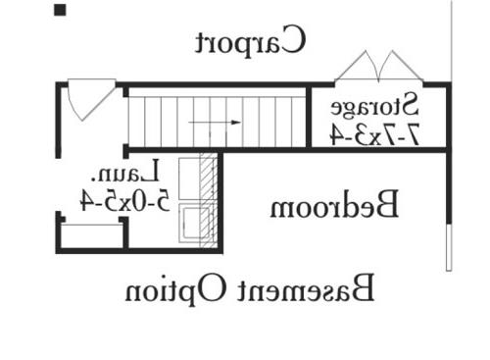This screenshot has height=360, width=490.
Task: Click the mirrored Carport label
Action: point(251,40)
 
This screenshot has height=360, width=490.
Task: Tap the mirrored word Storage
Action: point(374,105)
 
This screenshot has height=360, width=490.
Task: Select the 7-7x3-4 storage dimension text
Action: point(374,134)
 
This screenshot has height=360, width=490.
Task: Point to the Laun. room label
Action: point(125,171)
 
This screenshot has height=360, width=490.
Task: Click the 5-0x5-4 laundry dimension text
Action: point(125,200)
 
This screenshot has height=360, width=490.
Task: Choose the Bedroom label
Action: point(334,204)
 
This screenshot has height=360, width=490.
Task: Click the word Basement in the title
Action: point(307,288)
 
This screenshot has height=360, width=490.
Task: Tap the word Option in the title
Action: point(176,290)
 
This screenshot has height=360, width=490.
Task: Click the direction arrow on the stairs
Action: point(215,123)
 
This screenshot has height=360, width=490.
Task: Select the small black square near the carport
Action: point(60,10)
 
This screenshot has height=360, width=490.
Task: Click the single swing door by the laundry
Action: point(91,99)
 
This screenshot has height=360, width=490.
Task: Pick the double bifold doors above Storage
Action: point(379,67)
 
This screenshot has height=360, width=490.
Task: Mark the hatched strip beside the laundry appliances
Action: point(209,200)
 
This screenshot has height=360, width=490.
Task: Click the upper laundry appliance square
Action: point(189,179)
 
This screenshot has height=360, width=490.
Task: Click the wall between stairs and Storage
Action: point(309,117)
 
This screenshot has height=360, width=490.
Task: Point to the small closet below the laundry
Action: point(93,234)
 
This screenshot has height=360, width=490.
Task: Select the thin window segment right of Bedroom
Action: point(449,247)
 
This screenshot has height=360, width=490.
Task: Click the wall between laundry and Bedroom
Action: point(220,200)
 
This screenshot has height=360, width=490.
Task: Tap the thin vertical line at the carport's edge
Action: point(452,41)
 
